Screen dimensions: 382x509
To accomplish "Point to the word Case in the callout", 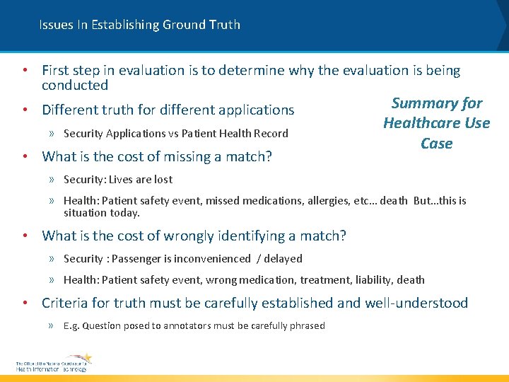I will [436, 144].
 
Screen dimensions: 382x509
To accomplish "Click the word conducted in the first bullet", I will [75, 86].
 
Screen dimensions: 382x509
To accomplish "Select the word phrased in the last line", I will [306, 326].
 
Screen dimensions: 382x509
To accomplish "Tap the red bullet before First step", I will [25, 71].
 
